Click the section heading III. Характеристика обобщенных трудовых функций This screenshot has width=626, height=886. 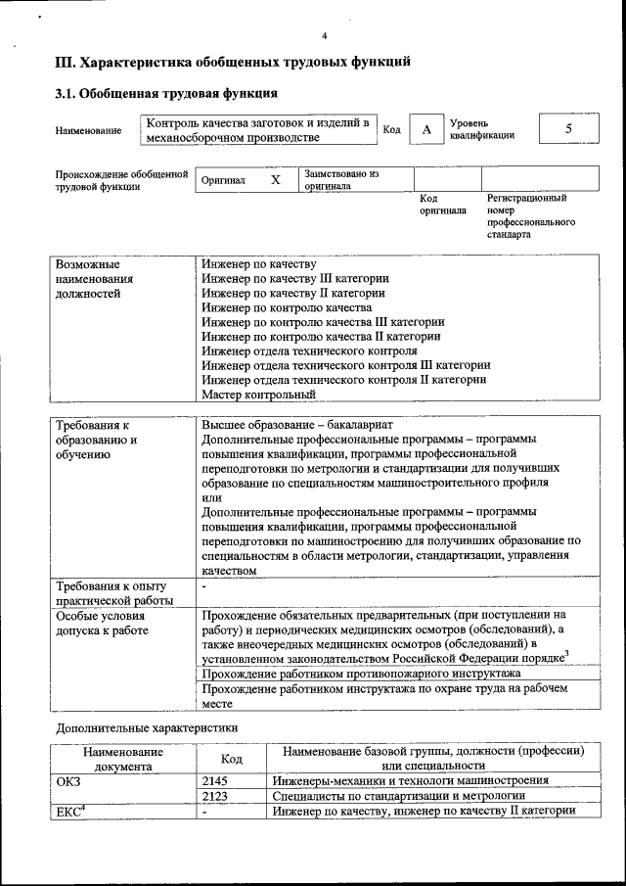pos(232,63)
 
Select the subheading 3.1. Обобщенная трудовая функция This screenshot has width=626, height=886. pos(166,94)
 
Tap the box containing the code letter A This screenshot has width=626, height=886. pos(425,130)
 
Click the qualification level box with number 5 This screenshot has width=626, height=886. pos(568,130)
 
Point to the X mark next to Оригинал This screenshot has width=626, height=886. pos(276,180)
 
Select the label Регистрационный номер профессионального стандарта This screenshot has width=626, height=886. pos(530,216)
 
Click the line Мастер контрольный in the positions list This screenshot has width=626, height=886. pos(259,395)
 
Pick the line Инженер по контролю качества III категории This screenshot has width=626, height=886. pos(324,321)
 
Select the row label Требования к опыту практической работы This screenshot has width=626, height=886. pos(114,593)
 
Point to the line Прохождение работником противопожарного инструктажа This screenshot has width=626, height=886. pos(361,675)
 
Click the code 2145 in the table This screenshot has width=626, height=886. pos(214,780)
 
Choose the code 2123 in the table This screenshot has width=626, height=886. pos(214,796)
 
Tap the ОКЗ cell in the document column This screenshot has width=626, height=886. pos(70,780)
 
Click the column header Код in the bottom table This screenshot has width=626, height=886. pos(232,758)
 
